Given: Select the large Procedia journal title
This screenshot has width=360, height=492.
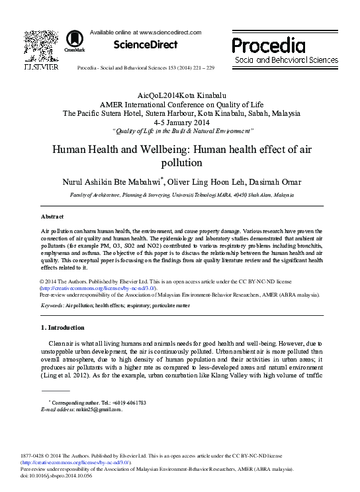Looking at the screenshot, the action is click(x=268, y=45).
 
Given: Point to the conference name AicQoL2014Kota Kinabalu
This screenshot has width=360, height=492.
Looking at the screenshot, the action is click(x=179, y=96).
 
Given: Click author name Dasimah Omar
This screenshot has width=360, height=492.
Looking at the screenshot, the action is click(x=281, y=181).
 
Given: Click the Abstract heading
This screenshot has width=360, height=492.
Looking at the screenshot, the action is click(x=52, y=217).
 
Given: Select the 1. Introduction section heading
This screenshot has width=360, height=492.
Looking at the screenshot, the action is click(x=63, y=328).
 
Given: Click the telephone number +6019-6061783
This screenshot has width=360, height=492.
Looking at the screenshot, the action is click(x=126, y=403).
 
